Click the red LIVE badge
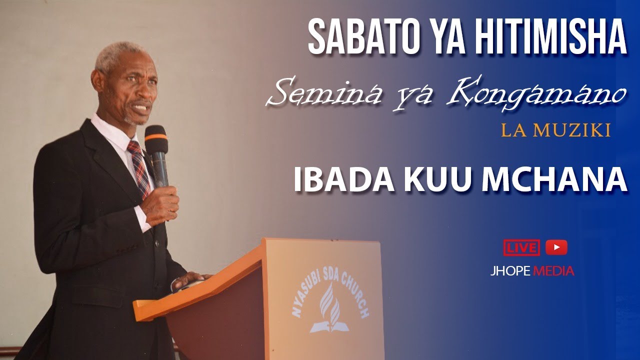521,247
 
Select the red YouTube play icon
556,247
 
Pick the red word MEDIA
554,271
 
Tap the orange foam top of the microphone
155,134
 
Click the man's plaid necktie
139,165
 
